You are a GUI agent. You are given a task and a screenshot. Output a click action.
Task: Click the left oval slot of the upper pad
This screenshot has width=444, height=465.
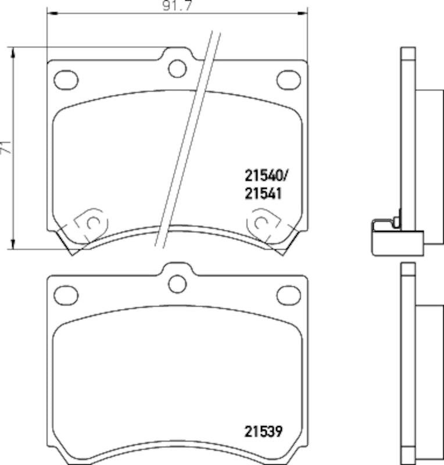(x=66, y=78)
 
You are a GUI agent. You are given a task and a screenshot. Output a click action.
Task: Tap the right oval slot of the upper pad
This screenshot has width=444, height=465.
(x=288, y=78)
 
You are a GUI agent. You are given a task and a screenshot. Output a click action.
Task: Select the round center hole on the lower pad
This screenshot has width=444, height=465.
(x=177, y=283)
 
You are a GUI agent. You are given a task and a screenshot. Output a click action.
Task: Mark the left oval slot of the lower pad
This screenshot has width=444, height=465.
(x=66, y=294)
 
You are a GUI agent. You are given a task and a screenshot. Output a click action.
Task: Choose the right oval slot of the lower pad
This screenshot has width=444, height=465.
(x=288, y=294)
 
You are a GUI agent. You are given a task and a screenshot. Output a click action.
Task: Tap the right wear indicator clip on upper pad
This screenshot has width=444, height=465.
(x=263, y=224)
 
